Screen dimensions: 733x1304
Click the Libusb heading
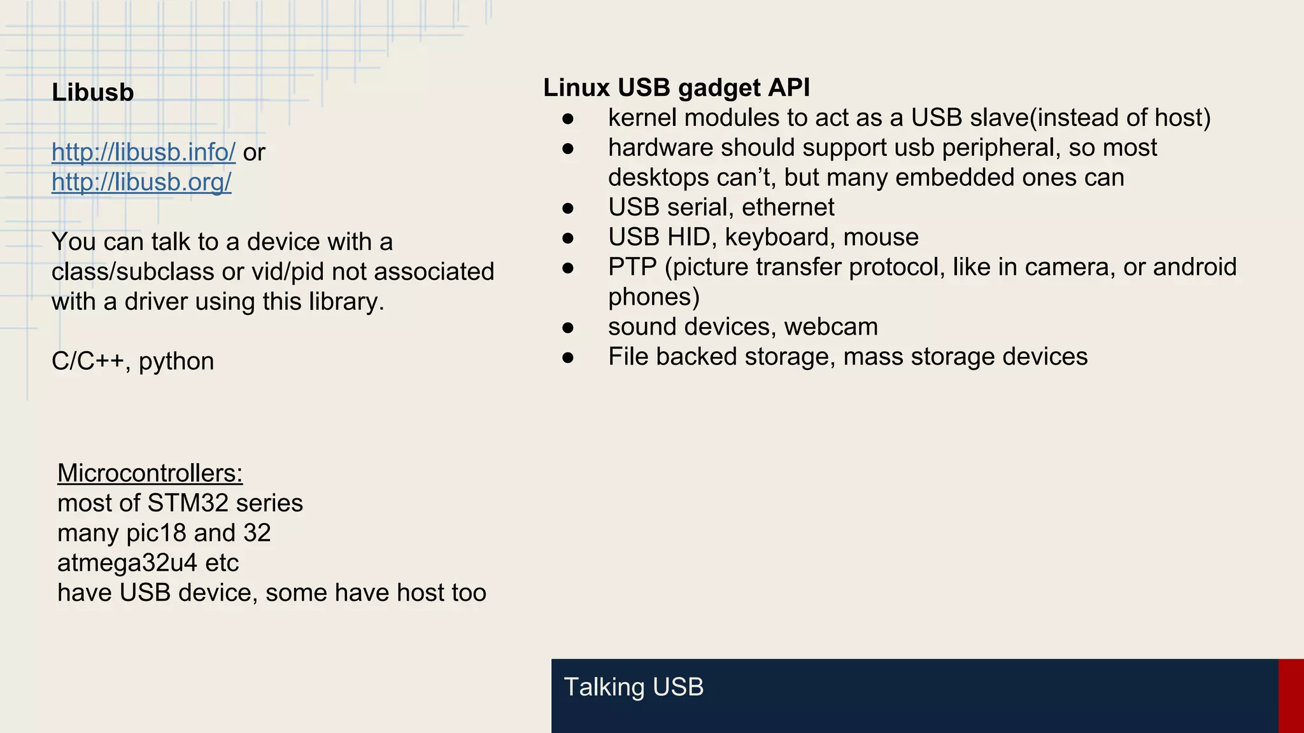point(93,93)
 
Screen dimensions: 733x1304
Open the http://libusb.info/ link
point(143,152)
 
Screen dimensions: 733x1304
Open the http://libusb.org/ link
point(141,182)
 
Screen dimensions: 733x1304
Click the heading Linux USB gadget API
point(676,88)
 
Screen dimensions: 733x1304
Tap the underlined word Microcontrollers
point(150,473)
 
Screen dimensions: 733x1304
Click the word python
point(176,361)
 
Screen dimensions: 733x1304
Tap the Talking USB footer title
point(634,687)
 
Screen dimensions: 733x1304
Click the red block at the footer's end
point(1291,695)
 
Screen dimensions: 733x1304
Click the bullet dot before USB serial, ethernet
point(568,208)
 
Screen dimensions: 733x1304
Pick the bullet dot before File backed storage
point(568,358)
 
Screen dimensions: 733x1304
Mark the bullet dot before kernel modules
point(568,118)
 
